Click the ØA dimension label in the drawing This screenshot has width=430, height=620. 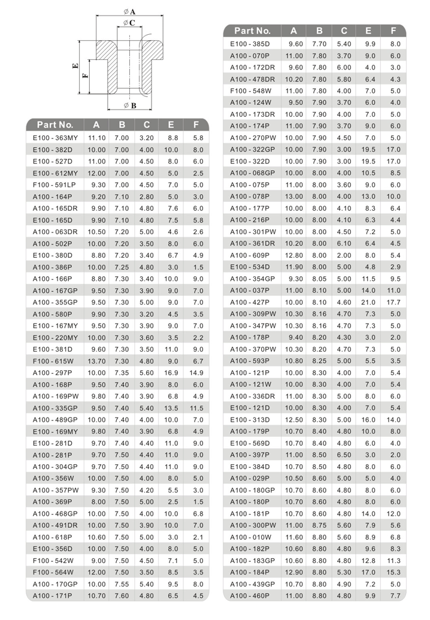click(x=129, y=11)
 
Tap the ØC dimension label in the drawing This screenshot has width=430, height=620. click(x=129, y=23)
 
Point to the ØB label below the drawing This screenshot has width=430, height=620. click(x=130, y=106)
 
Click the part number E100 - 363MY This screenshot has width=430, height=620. click(x=55, y=138)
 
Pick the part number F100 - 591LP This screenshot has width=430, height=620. click(x=55, y=185)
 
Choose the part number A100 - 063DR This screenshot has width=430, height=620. click(x=55, y=232)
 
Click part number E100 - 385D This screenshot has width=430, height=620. click(x=250, y=44)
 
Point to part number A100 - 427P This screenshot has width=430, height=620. click(x=250, y=302)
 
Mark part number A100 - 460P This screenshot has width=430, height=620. click(x=250, y=596)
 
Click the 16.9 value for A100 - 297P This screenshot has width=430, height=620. click(x=171, y=373)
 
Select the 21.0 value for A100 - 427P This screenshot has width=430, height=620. click(x=368, y=302)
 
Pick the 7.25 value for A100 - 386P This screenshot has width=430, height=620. click(x=122, y=267)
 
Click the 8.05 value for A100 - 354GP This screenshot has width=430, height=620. click(x=319, y=279)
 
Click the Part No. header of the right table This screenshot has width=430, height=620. click(x=252, y=31)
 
